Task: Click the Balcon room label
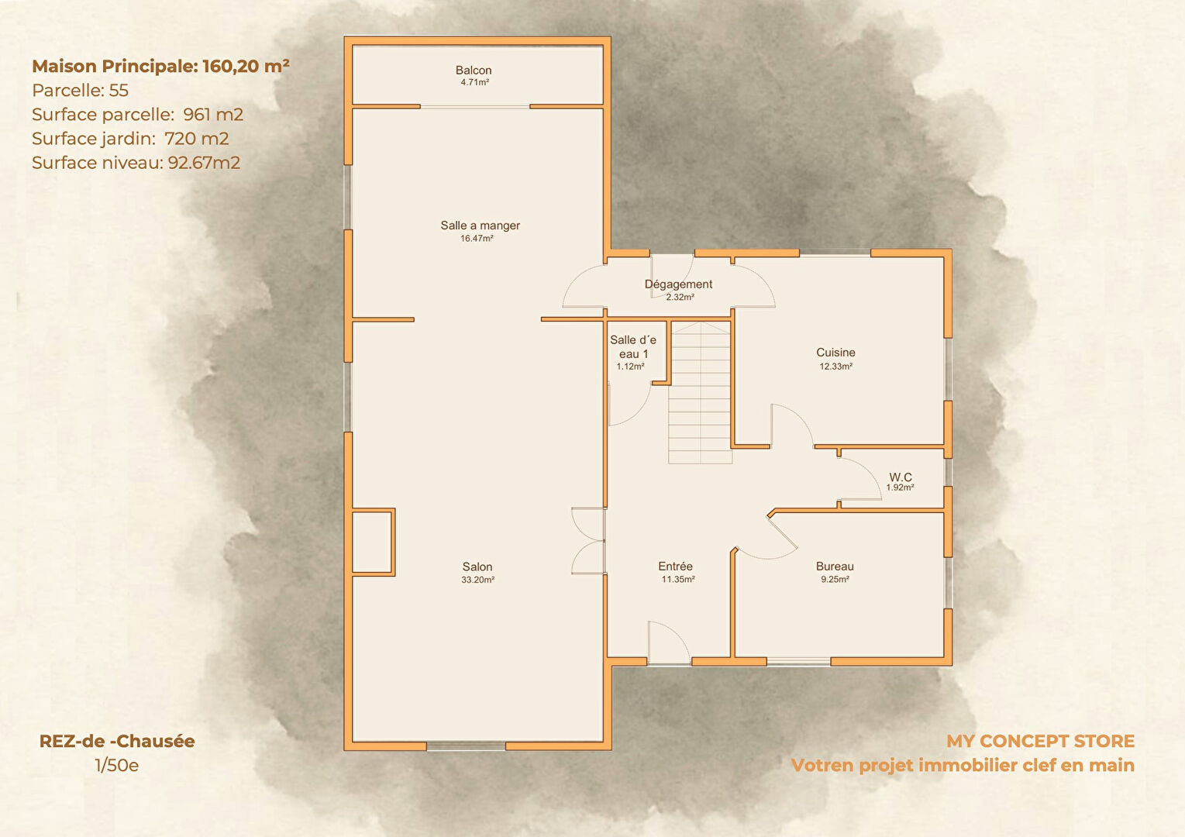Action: tap(474, 71)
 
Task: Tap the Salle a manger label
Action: tap(481, 226)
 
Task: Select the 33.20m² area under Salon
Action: tap(477, 580)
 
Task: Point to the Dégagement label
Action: tap(678, 284)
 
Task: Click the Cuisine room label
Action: tap(835, 353)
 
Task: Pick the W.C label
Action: tap(901, 477)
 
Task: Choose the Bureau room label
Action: tap(835, 567)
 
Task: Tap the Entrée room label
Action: tap(676, 566)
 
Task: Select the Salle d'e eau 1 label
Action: tap(632, 347)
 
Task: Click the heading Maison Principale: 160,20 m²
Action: tap(161, 66)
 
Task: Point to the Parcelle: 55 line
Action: tap(81, 91)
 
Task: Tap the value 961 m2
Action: tap(213, 114)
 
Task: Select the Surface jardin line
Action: tap(130, 139)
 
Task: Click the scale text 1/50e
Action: tap(117, 766)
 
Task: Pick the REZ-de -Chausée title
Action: tap(117, 741)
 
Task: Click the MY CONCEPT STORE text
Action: tap(1041, 741)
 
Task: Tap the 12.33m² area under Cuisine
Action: tap(835, 366)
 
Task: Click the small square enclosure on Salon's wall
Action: tap(374, 542)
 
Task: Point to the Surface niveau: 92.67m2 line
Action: tap(136, 163)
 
